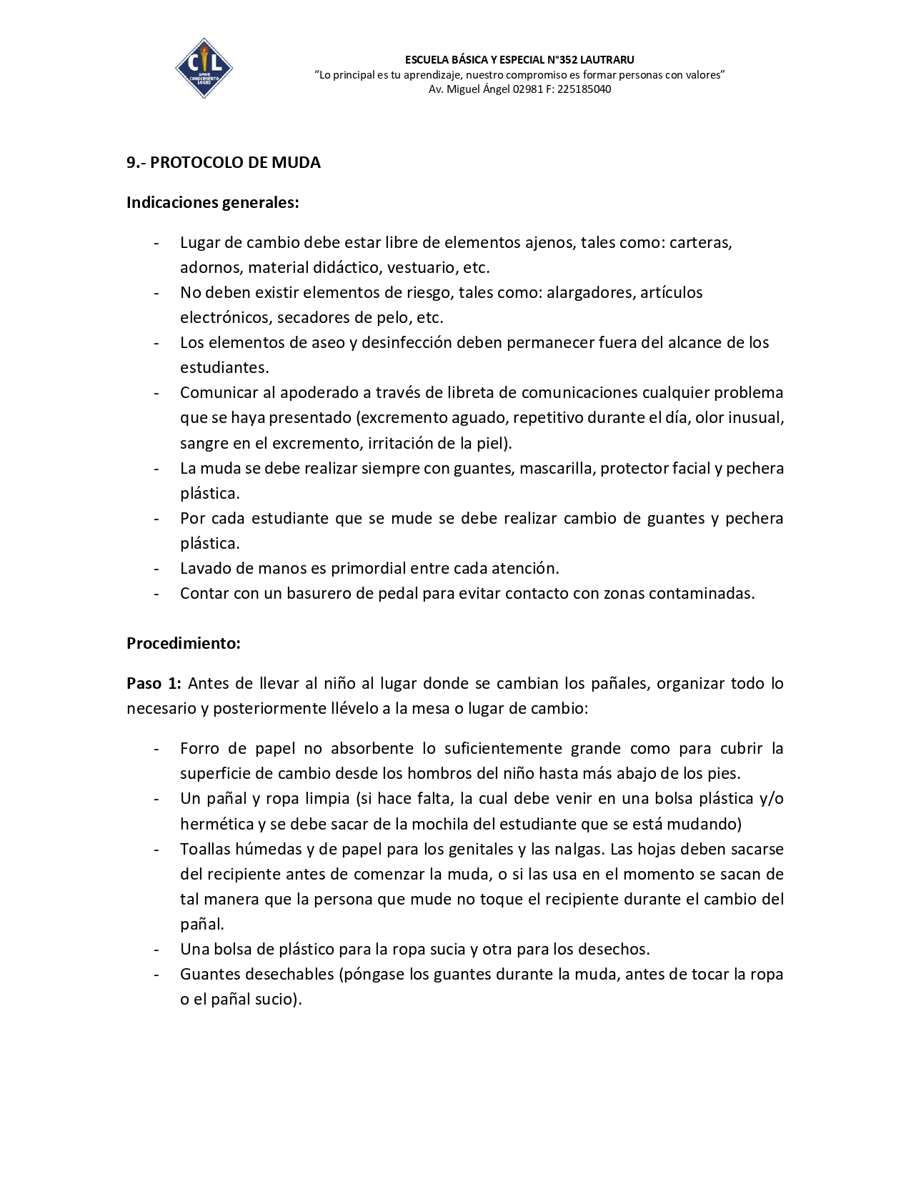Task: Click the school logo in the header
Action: coord(204,69)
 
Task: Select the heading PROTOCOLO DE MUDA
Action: coord(235,163)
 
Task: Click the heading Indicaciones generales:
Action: coord(212,203)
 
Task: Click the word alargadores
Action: coord(589,293)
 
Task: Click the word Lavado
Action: coord(204,569)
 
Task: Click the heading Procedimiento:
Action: coord(183,644)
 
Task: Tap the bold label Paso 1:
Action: coord(154,684)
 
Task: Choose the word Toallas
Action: coord(206,850)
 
